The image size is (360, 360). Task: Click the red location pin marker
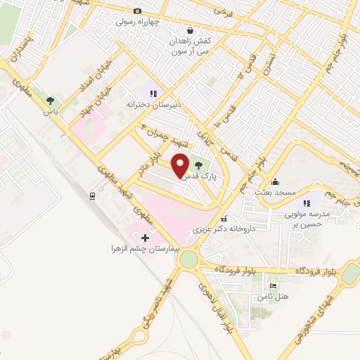pyautogui.click(x=181, y=165)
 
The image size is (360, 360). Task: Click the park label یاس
pyautogui.click(x=50, y=111)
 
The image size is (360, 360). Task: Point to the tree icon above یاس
pyautogui.click(x=50, y=101)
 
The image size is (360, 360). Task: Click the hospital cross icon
pyautogui.click(x=146, y=238)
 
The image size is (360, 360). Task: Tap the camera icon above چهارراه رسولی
pyautogui.click(x=137, y=11)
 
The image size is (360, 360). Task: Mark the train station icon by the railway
pyautogui.click(x=91, y=195)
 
